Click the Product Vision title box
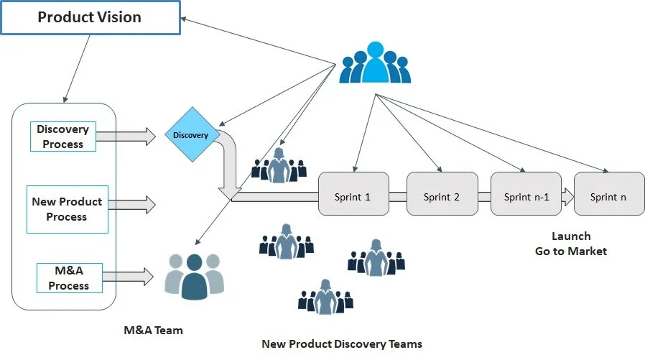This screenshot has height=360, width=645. coord(90,17)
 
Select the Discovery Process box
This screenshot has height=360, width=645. coord(62,137)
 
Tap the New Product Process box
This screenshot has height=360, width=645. coord(67,209)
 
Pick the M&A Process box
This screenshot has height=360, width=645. coord(69,278)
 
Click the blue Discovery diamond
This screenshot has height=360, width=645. coord(191,135)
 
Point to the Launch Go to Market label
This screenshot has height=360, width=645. coord(571,244)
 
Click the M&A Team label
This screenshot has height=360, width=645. coord(153,331)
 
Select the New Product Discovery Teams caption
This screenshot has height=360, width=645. coord(341,344)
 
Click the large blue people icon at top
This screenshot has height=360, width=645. coord(375,63)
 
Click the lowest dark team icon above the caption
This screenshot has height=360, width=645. coord(326,297)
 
